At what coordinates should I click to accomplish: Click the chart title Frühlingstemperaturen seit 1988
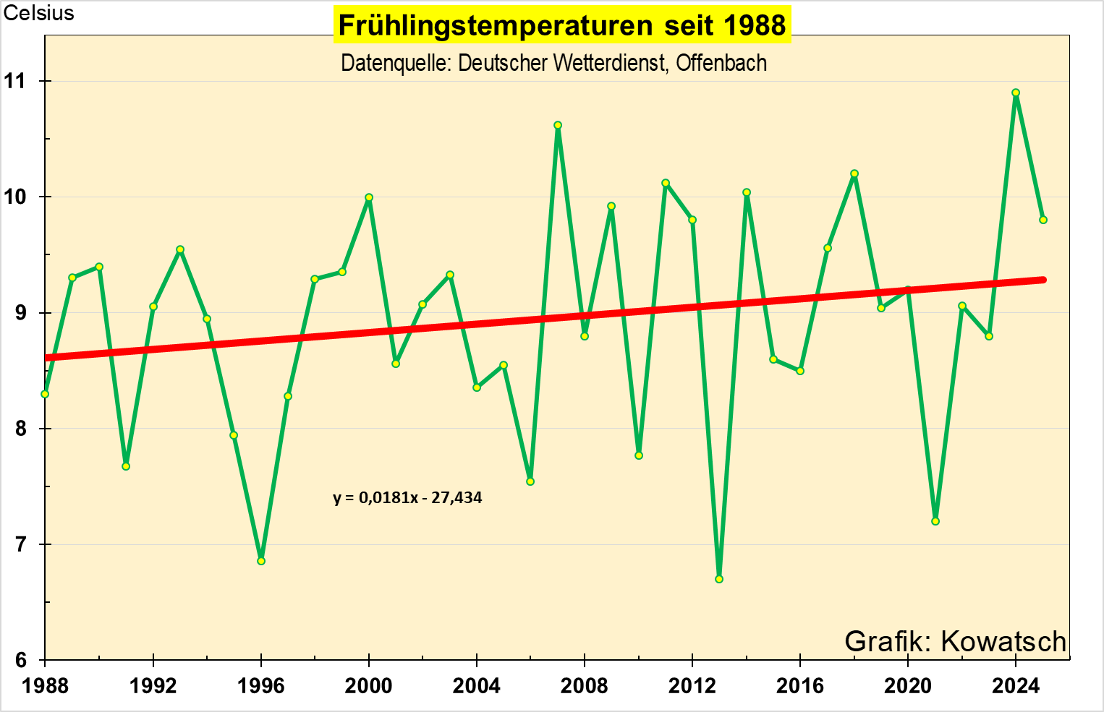click(562, 25)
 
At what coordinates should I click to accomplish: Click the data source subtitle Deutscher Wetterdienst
click(553, 64)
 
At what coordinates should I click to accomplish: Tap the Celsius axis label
click(38, 13)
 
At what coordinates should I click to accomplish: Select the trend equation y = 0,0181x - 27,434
click(407, 497)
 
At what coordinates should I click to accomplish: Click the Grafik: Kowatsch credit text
click(955, 641)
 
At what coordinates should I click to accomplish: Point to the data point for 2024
click(1016, 93)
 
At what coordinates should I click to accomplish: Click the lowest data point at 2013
click(719, 579)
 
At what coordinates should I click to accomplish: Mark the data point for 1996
click(261, 561)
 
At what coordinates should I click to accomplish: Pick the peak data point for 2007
click(558, 125)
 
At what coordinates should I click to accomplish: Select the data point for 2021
click(935, 521)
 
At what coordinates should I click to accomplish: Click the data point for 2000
click(369, 197)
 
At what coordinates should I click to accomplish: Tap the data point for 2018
click(854, 173)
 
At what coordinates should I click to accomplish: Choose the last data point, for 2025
click(1043, 220)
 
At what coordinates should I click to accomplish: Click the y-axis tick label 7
click(20, 544)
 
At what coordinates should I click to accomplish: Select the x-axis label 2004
click(476, 685)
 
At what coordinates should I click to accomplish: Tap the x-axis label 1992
click(153, 685)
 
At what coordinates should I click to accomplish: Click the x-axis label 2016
click(799, 685)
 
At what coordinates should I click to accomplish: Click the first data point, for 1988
click(45, 394)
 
